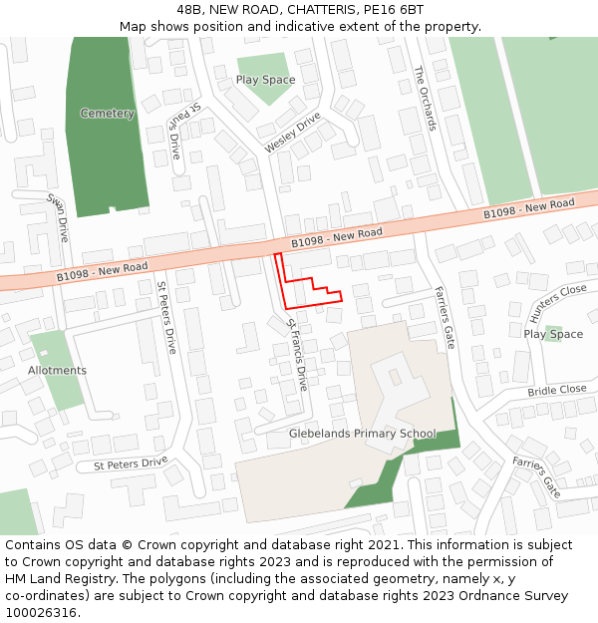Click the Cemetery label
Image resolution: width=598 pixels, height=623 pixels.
(108, 114)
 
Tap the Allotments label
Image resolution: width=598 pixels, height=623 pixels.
(57, 371)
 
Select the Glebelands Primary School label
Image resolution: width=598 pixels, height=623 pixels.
(362, 434)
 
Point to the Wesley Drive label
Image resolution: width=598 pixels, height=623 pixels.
(293, 134)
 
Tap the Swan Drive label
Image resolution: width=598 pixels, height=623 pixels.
(59, 216)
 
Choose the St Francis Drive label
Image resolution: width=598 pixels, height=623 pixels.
(297, 353)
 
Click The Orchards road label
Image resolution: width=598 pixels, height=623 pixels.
(426, 98)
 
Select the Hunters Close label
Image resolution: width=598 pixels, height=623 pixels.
(559, 302)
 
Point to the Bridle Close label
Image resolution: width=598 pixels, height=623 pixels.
(557, 391)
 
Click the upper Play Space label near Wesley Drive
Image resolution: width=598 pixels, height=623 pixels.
(265, 80)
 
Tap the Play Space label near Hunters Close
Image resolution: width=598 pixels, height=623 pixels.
(553, 334)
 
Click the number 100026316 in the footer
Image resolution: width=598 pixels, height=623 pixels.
(41, 612)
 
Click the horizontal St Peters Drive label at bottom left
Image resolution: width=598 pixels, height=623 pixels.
(131, 463)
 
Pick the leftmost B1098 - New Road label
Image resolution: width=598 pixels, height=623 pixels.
(102, 269)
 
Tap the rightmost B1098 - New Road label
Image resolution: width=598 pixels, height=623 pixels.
(529, 209)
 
